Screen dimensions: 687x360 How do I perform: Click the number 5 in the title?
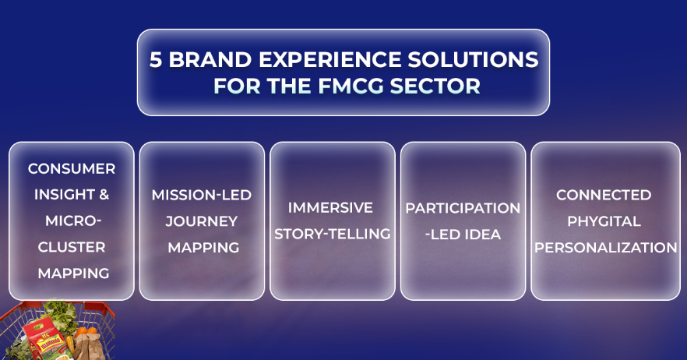[x=156, y=60]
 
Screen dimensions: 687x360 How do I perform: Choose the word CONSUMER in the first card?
[x=72, y=169]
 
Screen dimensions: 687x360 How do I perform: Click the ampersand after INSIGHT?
[x=104, y=194]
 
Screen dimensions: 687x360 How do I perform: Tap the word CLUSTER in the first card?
[x=72, y=247]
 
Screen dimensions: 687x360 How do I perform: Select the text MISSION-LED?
[x=202, y=195]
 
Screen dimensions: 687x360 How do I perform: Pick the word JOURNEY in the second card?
[x=202, y=221]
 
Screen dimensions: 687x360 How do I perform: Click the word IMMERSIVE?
[x=330, y=208]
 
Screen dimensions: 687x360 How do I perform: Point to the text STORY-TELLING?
[x=333, y=234]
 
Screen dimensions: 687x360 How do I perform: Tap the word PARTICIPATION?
[x=463, y=208]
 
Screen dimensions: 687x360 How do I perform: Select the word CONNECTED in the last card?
[x=604, y=195]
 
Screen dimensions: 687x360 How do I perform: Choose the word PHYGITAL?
[x=604, y=221]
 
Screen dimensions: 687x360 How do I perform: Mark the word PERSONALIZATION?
[x=606, y=248]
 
